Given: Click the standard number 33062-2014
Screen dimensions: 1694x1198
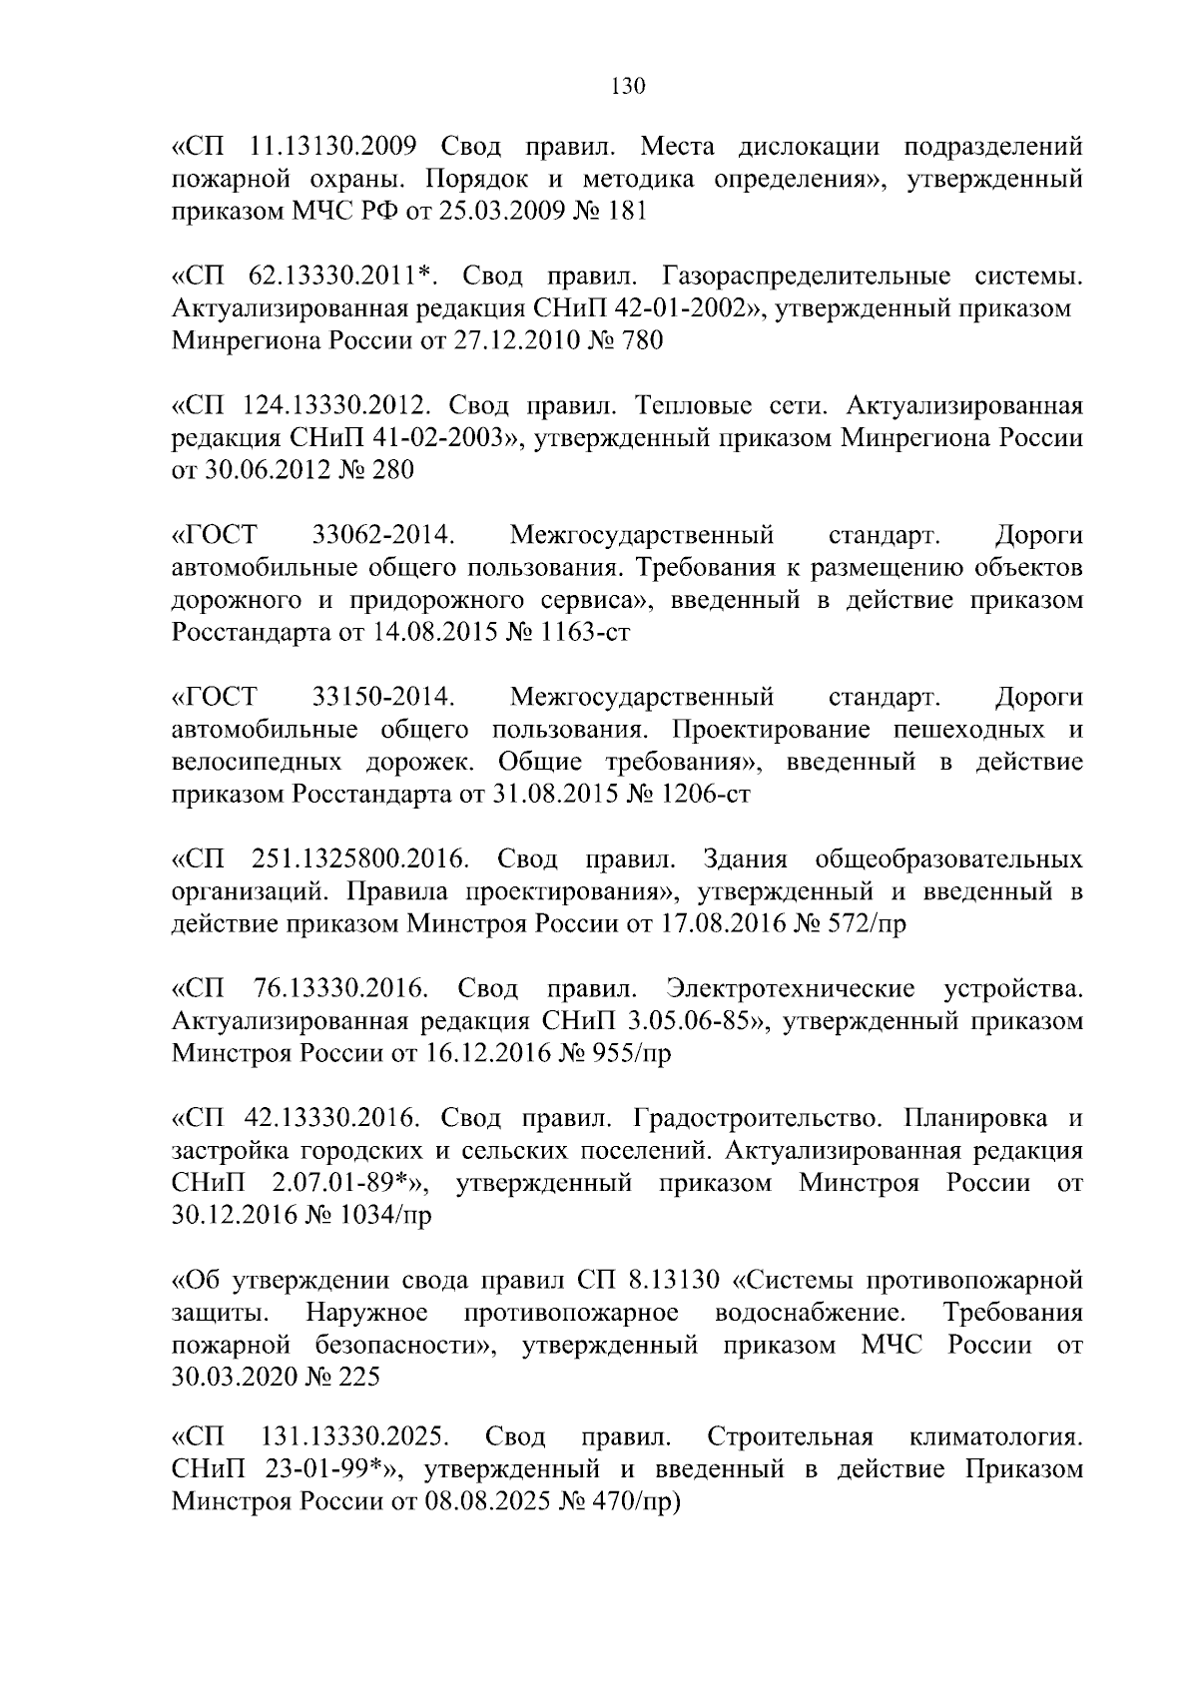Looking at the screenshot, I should [x=384, y=536].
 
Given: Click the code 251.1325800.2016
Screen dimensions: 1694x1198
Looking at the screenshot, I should [x=356, y=859].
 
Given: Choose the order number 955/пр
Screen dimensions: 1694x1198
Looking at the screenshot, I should [x=628, y=1054].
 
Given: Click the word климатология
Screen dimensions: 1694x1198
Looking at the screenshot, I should [x=995, y=1437].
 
